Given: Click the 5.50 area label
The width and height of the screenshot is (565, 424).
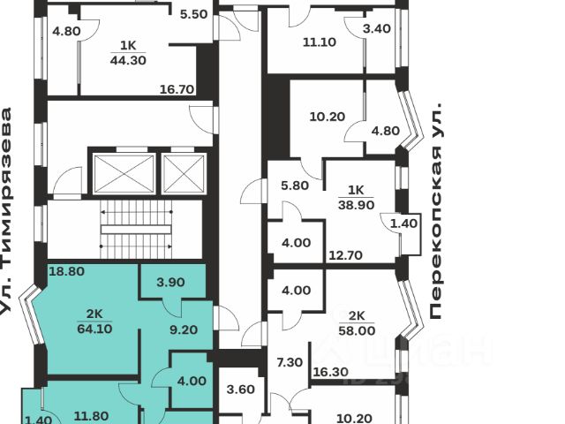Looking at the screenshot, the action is pyautogui.click(x=192, y=15).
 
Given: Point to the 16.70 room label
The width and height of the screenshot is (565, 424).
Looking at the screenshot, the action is pyautogui.click(x=176, y=88).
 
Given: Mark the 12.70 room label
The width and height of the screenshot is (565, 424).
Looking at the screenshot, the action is pyautogui.click(x=347, y=257).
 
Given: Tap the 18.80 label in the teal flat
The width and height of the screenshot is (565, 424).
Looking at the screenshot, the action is pyautogui.click(x=66, y=272).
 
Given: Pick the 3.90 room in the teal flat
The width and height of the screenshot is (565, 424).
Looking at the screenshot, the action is pyautogui.click(x=169, y=283).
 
